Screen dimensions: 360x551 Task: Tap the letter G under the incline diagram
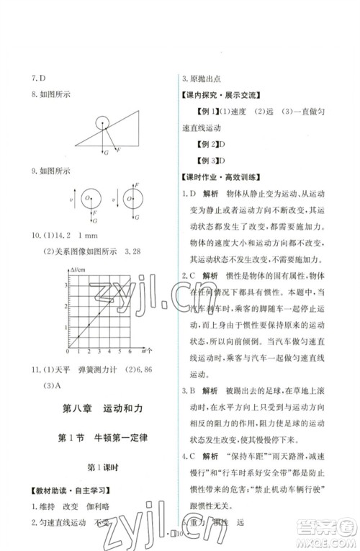pyautogui.click(x=106, y=153)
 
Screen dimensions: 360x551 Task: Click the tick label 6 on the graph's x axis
pyautogui.click(x=130, y=351)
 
